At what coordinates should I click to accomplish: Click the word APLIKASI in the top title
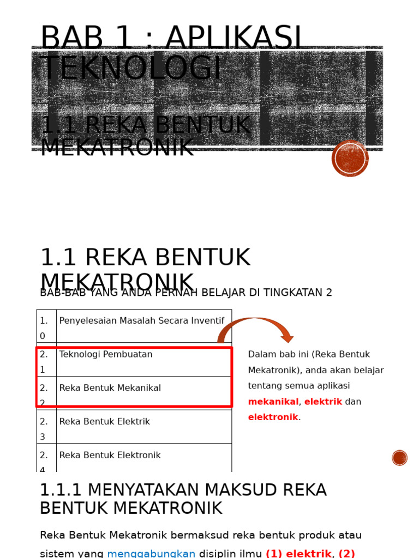pos(234,38)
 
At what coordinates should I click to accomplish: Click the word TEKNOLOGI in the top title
pos(131,69)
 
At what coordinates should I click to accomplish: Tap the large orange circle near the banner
pos(350,159)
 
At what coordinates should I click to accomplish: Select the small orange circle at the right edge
pos(399,458)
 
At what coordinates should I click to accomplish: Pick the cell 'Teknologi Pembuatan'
pos(106,355)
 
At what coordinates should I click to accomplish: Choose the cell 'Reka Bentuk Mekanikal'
pos(110,388)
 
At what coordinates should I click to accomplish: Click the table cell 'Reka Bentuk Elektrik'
pos(104,422)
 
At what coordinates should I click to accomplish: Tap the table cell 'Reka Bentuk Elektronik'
pos(110,456)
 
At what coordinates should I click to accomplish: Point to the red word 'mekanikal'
pos(273,402)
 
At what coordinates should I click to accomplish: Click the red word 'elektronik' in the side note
pos(273,417)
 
